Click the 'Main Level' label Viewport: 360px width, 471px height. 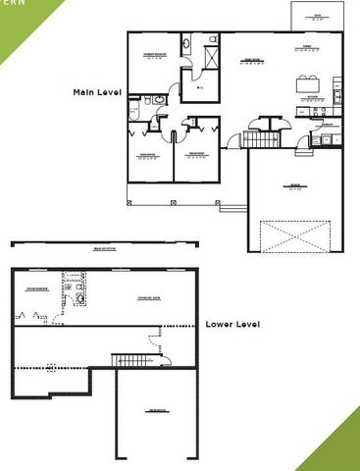click(96, 91)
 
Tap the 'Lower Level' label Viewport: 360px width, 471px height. click(232, 324)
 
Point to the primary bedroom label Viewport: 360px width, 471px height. click(153, 55)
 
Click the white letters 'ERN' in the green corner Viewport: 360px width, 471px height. click(11, 4)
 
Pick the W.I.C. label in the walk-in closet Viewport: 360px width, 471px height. click(200, 89)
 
